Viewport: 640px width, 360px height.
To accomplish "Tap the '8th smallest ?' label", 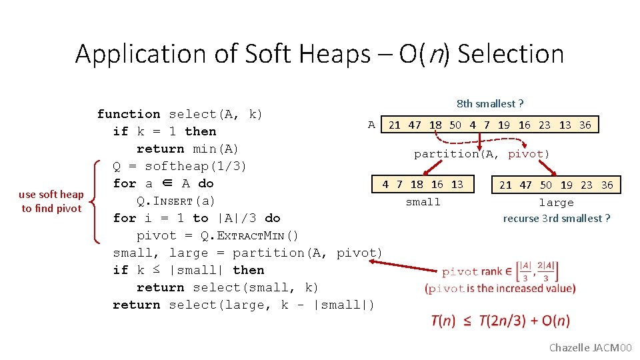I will click(x=490, y=103).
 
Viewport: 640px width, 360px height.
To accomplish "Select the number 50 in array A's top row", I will click(x=455, y=125).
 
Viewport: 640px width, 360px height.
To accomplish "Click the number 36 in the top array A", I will click(x=585, y=125).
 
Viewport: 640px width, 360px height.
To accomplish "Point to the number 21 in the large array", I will click(x=506, y=185).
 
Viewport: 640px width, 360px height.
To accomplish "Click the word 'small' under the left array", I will click(x=423, y=201).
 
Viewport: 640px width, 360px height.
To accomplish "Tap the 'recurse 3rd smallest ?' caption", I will click(x=557, y=218).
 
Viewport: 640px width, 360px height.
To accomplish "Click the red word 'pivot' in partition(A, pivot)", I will click(x=526, y=154).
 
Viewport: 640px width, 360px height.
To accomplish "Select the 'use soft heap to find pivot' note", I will click(x=51, y=201).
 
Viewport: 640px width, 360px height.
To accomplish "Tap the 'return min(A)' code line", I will click(x=187, y=149).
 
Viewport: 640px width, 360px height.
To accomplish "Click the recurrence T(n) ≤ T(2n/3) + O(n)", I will click(x=501, y=321).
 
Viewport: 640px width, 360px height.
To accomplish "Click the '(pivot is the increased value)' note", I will click(x=500, y=288).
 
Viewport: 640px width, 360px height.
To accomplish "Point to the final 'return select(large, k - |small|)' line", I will click(x=244, y=305).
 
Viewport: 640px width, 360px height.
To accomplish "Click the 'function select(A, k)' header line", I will click(x=180, y=114).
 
